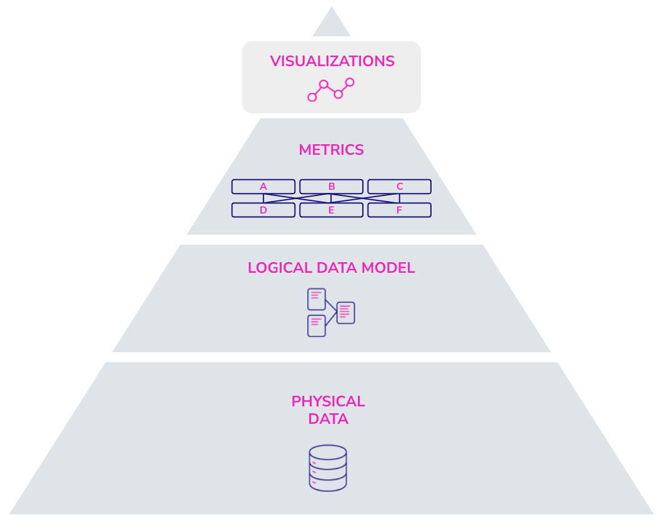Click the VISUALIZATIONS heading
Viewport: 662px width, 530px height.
(332, 61)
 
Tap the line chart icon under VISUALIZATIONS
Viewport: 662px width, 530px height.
(331, 89)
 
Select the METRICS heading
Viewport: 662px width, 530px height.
(331, 150)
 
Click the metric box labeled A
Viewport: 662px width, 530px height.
(263, 187)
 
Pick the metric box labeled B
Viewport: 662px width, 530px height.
(331, 187)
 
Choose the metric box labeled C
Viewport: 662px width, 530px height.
(399, 187)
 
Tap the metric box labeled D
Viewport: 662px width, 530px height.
(263, 210)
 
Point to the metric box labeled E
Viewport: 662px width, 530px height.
(331, 210)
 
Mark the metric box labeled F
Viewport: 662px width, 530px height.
(399, 210)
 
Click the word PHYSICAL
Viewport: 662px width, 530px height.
(328, 401)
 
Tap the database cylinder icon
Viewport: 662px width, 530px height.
(328, 468)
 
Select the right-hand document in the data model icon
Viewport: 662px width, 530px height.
(345, 313)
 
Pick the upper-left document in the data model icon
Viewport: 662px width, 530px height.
(316, 299)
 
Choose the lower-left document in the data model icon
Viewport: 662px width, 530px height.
(316, 326)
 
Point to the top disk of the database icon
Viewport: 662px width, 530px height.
(328, 453)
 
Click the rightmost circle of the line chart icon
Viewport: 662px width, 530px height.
(350, 82)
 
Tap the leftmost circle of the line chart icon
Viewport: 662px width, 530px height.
(312, 97)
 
